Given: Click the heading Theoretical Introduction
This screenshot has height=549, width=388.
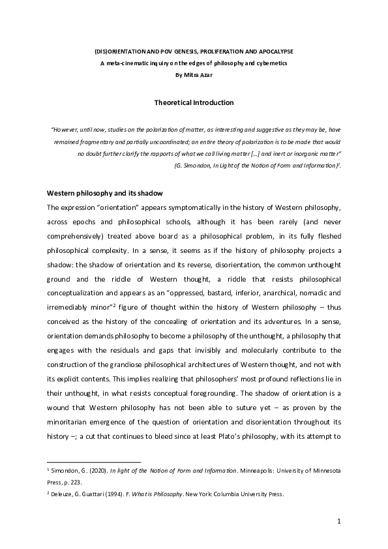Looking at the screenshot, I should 194,103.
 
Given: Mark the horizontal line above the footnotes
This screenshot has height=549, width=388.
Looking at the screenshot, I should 94,461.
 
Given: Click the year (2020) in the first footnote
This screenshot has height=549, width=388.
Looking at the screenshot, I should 86,469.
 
